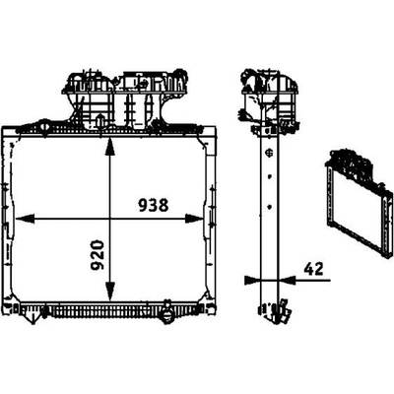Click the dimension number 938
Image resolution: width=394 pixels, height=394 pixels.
point(153,206)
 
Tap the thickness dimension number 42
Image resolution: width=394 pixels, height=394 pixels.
point(313,269)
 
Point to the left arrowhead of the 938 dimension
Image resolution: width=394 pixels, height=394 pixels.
point(25,219)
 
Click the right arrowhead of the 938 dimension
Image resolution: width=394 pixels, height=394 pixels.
point(194,219)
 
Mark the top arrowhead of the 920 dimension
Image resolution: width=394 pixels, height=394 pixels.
point(110,147)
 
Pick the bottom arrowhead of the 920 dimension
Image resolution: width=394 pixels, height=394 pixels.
point(110,292)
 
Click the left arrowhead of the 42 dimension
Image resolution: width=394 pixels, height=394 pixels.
point(252,280)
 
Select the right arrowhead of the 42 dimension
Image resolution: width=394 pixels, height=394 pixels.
point(287,280)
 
